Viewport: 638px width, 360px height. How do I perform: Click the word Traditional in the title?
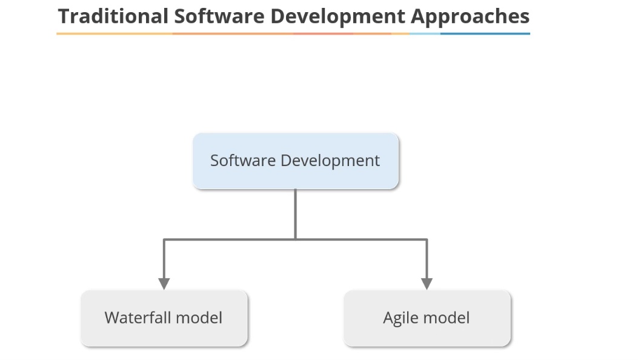pyautogui.click(x=113, y=16)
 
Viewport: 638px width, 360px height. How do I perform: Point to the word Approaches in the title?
pyautogui.click(x=470, y=16)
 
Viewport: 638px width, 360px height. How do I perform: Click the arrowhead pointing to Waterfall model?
pyautogui.click(x=164, y=283)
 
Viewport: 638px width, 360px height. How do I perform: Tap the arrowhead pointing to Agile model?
pyautogui.click(x=427, y=283)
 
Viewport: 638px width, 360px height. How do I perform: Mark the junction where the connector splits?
pyautogui.click(x=296, y=239)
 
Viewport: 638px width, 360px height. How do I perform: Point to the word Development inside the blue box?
pyautogui.click(x=330, y=161)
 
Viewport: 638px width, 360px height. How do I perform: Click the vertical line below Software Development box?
pyautogui.click(x=296, y=213)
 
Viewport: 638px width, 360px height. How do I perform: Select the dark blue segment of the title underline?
pyautogui.click(x=485, y=33)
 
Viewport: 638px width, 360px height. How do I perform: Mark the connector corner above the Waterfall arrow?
pyautogui.click(x=164, y=239)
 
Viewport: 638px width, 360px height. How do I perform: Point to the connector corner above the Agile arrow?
pyautogui.click(x=427, y=239)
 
